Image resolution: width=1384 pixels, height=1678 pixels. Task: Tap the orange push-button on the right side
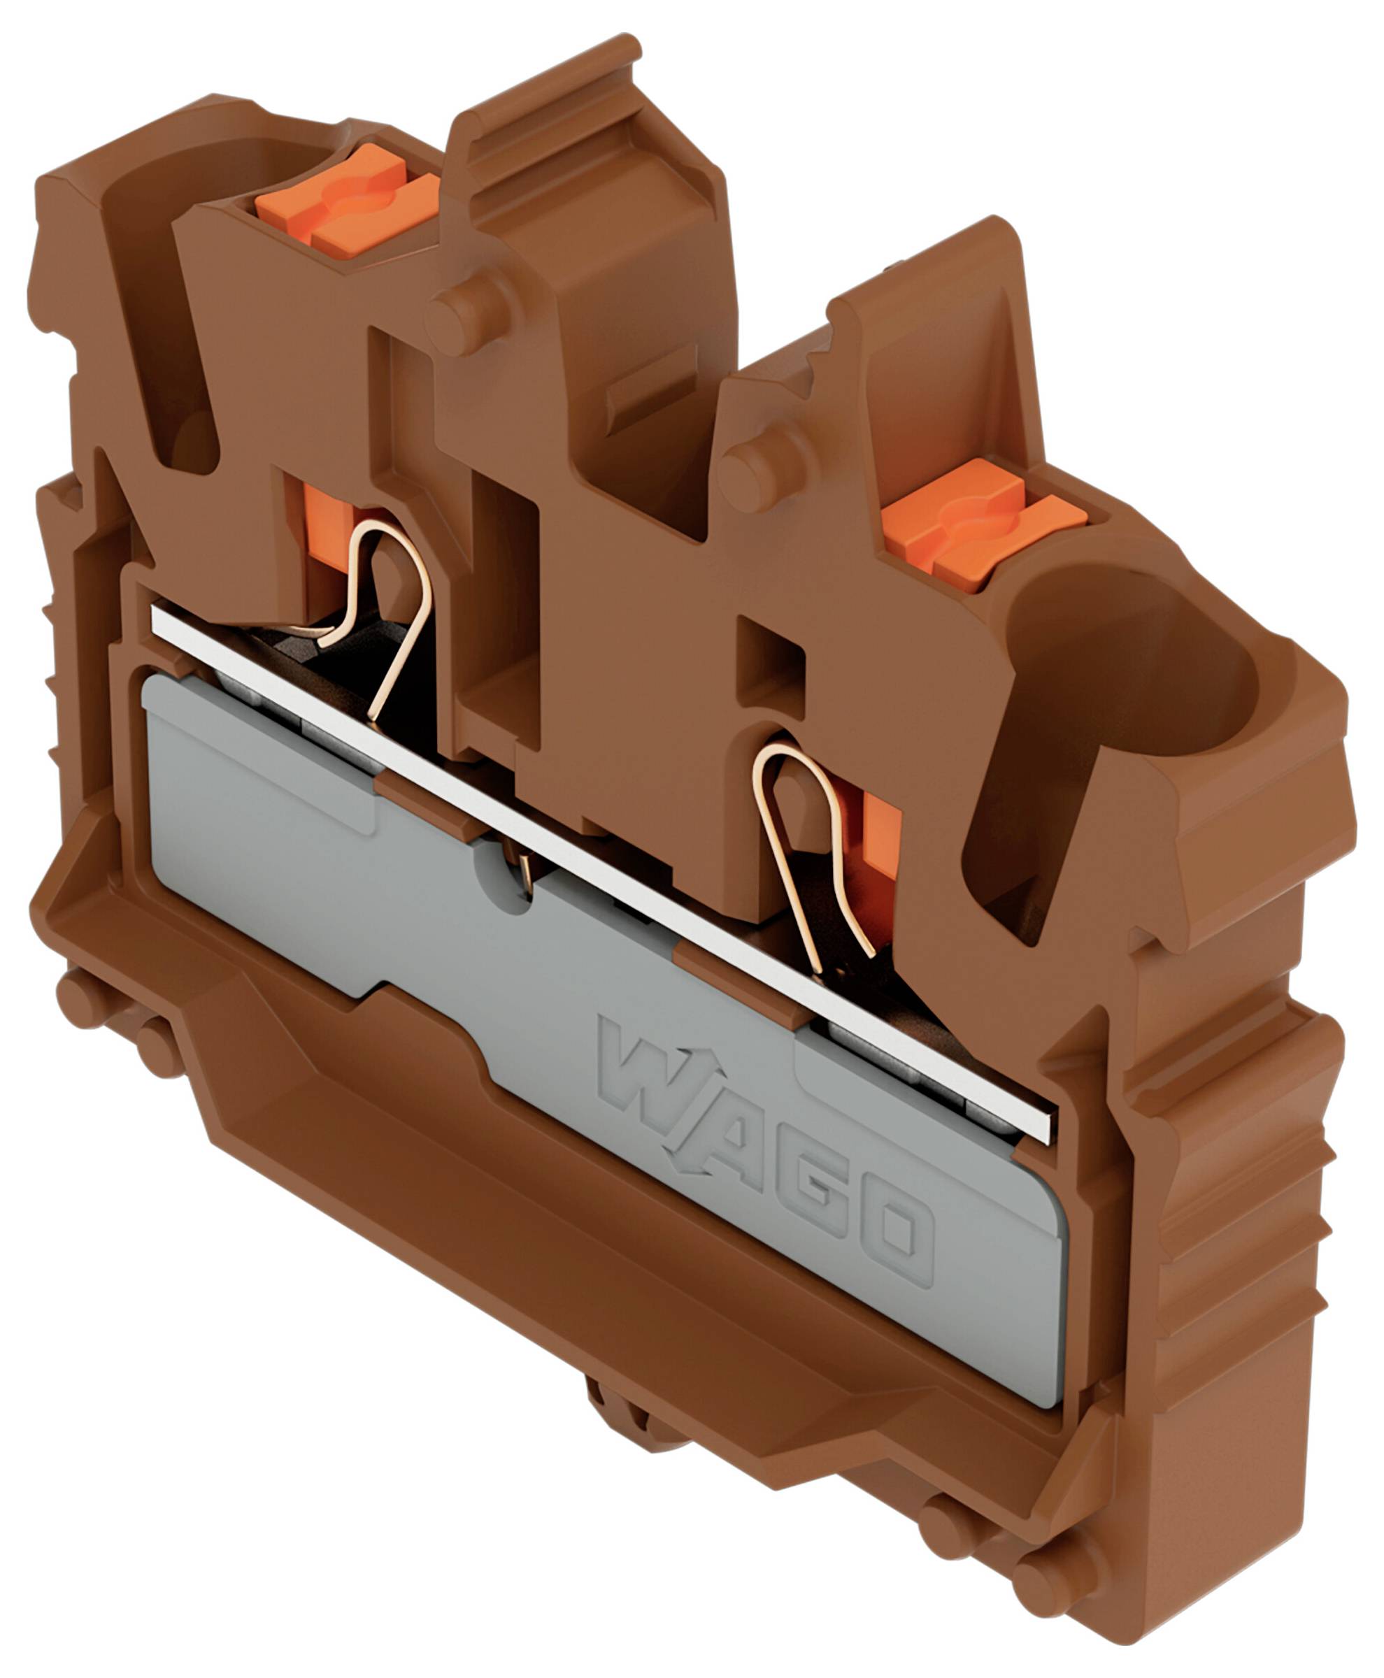point(984,526)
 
